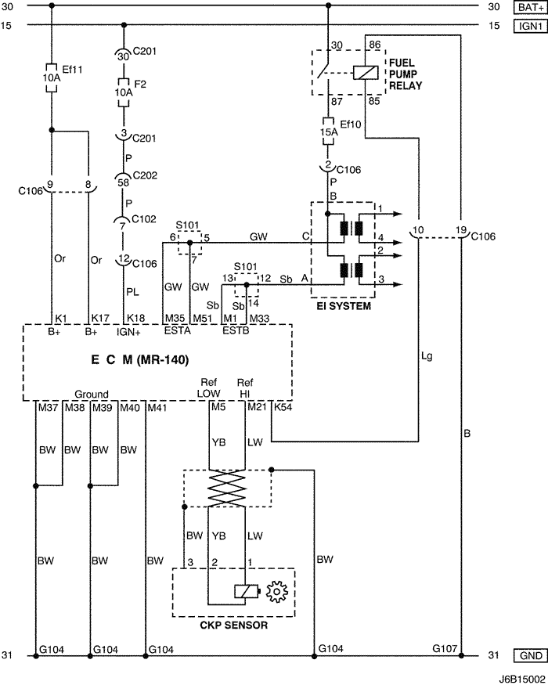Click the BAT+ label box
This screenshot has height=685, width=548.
tap(531, 7)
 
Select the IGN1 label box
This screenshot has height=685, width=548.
tap(531, 26)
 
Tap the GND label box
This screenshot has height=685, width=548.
tap(531, 656)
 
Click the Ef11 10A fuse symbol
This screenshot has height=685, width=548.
tap(52, 78)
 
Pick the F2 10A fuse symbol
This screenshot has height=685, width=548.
tap(124, 92)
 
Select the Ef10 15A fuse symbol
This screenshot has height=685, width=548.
tap(328, 132)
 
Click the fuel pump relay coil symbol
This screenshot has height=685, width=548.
tap(366, 72)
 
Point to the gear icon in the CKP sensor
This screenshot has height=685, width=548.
tap(277, 592)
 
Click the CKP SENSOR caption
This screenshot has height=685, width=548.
tap(234, 626)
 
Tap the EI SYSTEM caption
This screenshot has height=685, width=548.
tap(344, 306)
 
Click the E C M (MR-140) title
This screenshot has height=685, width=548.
tap(140, 359)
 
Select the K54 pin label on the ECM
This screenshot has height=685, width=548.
tap(283, 407)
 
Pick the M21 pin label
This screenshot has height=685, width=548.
tap(257, 407)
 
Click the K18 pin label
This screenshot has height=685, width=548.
tap(136, 318)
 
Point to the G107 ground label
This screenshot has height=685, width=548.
tap(445, 649)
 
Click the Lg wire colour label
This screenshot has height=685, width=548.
tap(427, 356)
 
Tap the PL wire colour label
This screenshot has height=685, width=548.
tap(132, 291)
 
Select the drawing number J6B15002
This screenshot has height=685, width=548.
tap(523, 680)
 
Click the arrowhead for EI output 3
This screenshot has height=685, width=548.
tap(398, 284)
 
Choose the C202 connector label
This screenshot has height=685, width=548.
tap(145, 175)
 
